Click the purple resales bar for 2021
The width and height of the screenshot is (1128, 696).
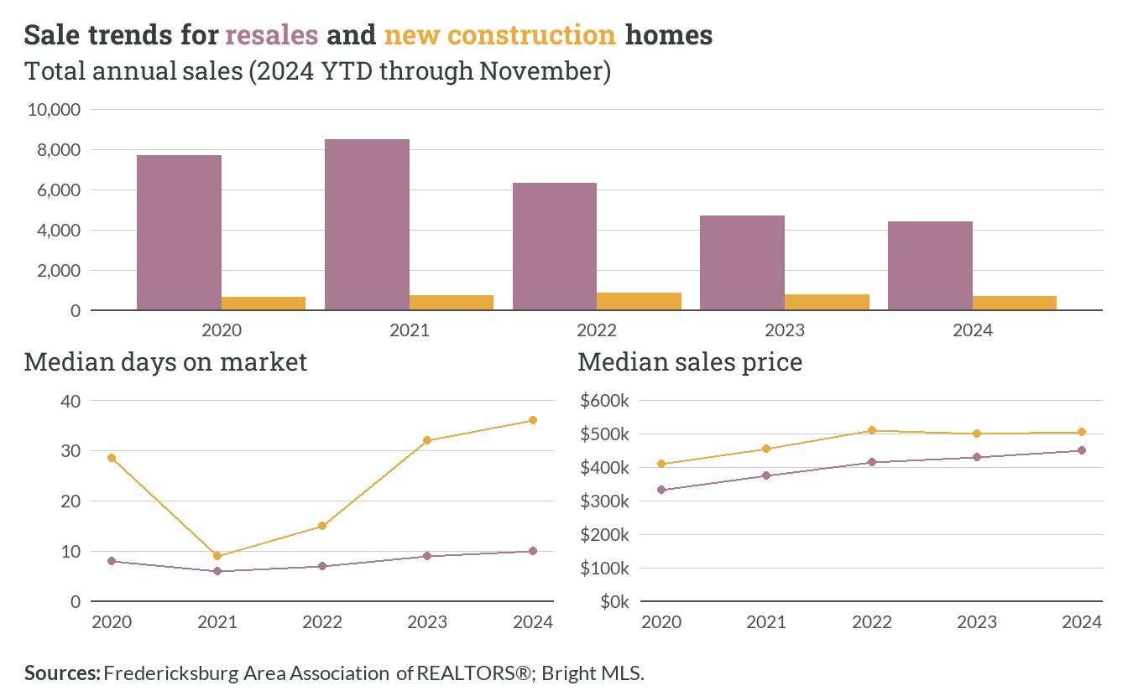coord(367,225)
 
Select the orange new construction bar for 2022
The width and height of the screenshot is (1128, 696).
coord(639,301)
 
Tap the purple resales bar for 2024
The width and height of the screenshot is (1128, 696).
coord(930,266)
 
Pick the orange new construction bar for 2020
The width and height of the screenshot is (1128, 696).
coord(264,304)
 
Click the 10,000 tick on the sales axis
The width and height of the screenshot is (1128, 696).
coord(54,109)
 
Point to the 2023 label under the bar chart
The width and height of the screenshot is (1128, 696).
coord(785,330)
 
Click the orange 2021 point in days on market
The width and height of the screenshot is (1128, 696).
coord(217,556)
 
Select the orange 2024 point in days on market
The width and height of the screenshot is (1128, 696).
coord(533,420)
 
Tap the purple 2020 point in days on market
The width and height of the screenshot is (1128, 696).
coord(112,561)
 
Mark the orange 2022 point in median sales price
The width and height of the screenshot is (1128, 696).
coord(872,430)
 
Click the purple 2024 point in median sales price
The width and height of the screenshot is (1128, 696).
coord(1082,450)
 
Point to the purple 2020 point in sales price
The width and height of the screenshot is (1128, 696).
coord(661,490)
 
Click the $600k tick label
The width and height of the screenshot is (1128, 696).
coord(604,401)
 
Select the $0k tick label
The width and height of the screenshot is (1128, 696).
coord(614,601)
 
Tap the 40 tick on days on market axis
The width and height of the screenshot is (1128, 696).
coord(70,401)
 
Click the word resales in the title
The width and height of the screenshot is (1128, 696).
coord(271,34)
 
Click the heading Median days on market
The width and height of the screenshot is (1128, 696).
coord(165,362)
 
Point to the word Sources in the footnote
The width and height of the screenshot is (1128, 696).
coord(62,673)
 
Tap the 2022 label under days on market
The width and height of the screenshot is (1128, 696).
coord(322,622)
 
